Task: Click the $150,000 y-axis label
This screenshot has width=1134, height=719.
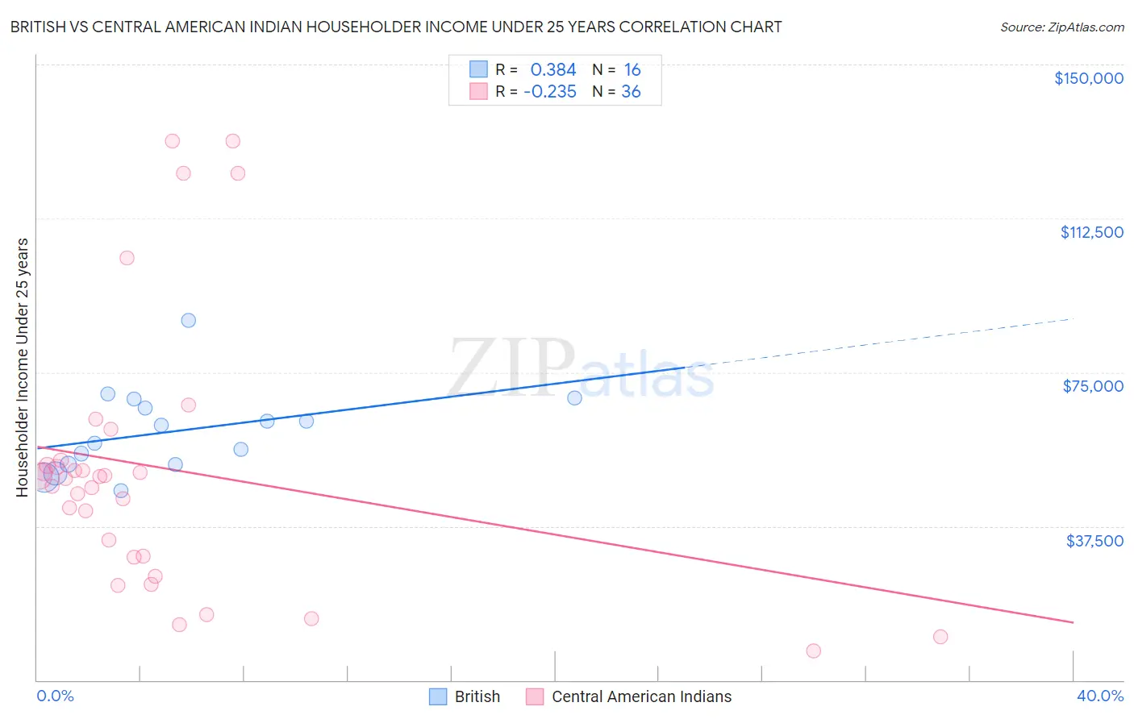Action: click(1088, 78)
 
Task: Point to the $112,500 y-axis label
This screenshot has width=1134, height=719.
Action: click(1091, 232)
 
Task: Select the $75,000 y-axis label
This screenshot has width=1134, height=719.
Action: click(1093, 386)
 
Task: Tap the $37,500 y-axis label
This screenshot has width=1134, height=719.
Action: click(1094, 541)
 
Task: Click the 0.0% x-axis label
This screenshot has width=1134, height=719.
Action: click(55, 696)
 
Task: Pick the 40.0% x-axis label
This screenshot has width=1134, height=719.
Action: click(1099, 696)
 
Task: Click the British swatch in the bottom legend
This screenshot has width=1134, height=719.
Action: click(438, 696)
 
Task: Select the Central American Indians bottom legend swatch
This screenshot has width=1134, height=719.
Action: click(535, 696)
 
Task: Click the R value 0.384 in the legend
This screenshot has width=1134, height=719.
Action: click(553, 70)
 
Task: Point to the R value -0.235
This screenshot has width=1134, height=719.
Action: click(550, 92)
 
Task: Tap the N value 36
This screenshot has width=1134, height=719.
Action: click(631, 92)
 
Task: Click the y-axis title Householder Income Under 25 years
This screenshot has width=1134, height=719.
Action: click(23, 367)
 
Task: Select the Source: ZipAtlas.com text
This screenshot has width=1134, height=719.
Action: click(1061, 27)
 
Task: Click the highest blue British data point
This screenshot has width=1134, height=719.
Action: click(189, 320)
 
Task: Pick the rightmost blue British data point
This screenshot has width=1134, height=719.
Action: click(574, 397)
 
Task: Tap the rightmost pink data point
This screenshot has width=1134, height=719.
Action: click(940, 637)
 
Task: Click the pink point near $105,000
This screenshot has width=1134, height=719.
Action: click(127, 258)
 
